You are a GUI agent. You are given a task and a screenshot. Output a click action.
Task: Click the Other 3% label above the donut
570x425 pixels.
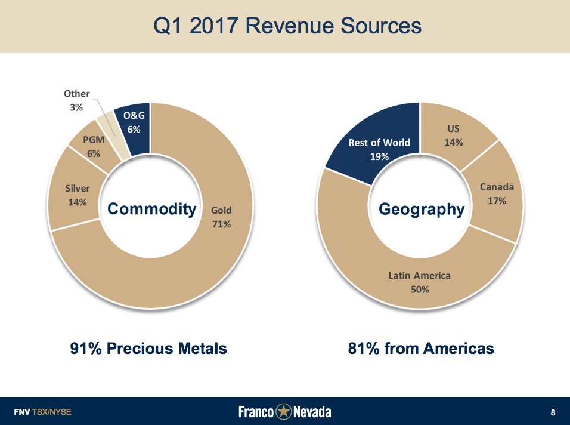tap(77, 100)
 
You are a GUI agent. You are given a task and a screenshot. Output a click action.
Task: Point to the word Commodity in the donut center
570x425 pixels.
tap(151, 209)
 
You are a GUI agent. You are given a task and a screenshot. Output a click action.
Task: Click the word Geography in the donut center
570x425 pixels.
tap(422, 210)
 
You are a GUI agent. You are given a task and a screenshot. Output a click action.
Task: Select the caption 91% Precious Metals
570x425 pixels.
tap(148, 348)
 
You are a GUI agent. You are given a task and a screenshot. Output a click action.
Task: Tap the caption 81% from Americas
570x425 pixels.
tap(421, 348)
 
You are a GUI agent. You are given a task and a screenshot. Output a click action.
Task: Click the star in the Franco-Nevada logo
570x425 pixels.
tap(284, 412)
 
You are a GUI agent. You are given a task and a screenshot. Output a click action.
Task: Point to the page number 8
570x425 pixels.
tap(553, 412)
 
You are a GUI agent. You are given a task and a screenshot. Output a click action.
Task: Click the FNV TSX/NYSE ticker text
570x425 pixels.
tap(42, 412)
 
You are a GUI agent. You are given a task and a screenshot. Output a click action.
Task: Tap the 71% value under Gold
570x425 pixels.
tap(221, 224)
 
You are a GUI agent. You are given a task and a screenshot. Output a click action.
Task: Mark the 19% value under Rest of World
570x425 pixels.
tap(379, 156)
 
